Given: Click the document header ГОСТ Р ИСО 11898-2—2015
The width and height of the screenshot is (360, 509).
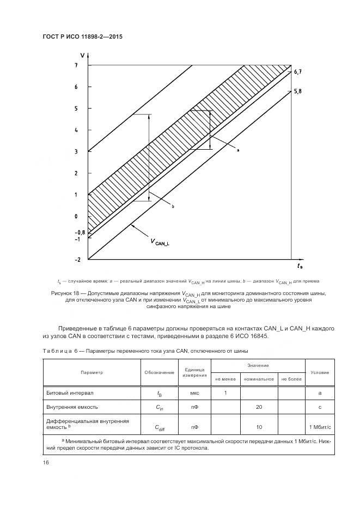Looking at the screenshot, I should click(82, 37).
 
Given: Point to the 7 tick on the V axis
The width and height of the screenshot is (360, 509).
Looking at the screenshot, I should click(77, 65).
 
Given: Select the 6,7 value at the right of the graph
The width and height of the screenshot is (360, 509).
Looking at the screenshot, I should click(297, 72).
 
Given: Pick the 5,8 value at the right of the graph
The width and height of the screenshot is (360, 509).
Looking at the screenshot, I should click(297, 92).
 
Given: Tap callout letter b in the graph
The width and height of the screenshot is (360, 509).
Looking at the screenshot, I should click(172, 207).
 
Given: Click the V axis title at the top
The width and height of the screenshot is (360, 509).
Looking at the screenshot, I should click(82, 55).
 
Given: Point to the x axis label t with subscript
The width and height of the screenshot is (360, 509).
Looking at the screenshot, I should click(300, 266).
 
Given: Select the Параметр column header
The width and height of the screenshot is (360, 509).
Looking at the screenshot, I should click(91, 372).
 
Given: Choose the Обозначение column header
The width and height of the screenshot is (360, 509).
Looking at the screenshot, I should click(159, 372).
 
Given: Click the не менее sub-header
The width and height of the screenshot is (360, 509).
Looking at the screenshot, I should click(225, 378).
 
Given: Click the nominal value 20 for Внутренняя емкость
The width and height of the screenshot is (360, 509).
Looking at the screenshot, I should click(259, 407).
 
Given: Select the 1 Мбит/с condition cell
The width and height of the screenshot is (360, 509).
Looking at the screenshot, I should click(319, 427).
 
